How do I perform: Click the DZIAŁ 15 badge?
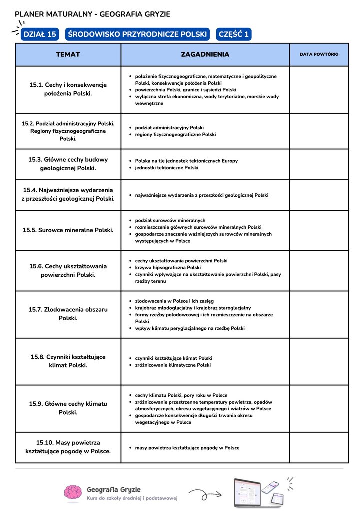tap(40, 34)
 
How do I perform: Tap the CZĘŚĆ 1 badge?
tap(233, 34)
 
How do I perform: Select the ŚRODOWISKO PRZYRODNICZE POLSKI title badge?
tap(137, 34)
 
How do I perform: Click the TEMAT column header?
tap(68, 54)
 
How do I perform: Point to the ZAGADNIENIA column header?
tap(205, 54)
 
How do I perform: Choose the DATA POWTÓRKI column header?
tap(319, 54)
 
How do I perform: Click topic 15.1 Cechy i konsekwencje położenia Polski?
tap(68, 89)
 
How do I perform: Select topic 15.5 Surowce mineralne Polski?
tap(68, 230)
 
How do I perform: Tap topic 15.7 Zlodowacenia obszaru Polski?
tap(68, 314)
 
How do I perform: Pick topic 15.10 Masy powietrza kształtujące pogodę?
tap(68, 447)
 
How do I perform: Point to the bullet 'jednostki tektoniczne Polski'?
tap(166, 168)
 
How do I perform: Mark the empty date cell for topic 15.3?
tap(319, 164)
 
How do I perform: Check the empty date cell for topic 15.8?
tap(319, 361)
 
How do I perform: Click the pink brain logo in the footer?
tap(73, 492)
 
